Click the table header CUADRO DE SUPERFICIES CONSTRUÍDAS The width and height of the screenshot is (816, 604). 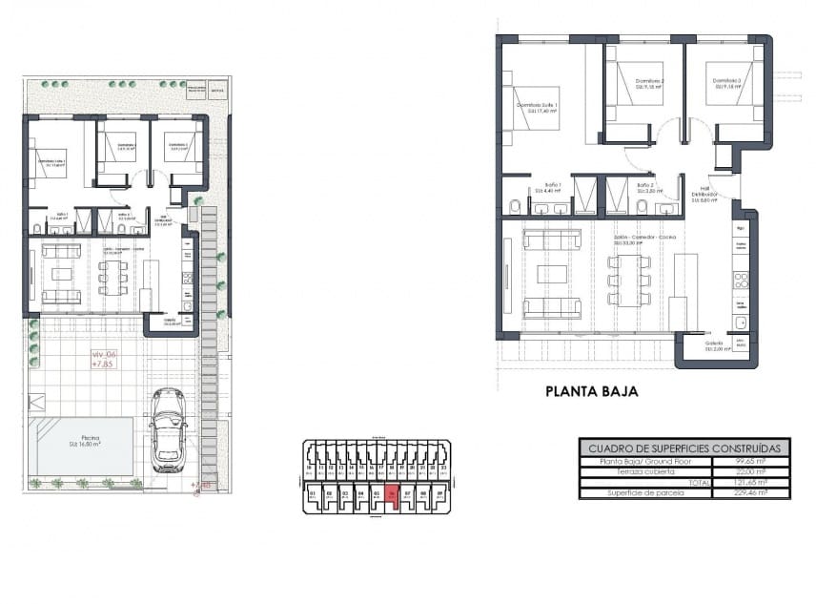(684, 447)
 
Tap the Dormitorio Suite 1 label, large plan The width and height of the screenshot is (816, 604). (537, 107)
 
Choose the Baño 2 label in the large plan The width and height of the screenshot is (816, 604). (645, 187)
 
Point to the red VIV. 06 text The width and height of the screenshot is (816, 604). (103, 354)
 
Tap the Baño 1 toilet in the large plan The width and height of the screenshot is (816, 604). (515, 204)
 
